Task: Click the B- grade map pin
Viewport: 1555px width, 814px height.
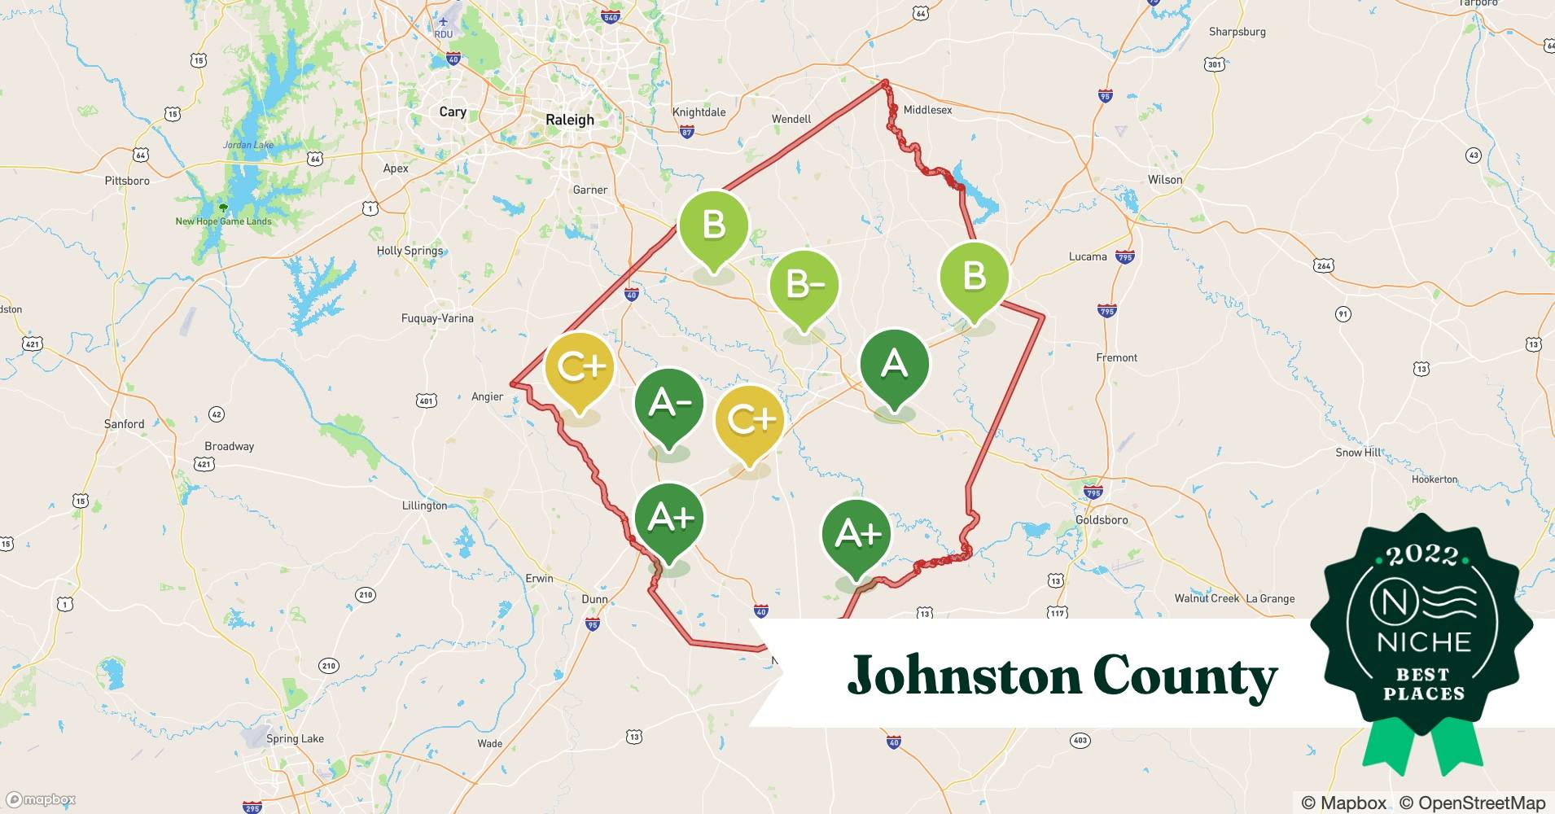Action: [x=804, y=287]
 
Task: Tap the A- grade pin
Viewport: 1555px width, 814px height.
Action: [x=668, y=405]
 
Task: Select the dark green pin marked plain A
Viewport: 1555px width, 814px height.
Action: [x=895, y=365]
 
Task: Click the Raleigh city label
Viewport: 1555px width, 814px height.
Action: [x=569, y=120]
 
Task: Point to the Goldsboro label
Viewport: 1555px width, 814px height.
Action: [x=1102, y=519]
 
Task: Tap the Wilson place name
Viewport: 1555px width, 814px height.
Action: [x=1164, y=180]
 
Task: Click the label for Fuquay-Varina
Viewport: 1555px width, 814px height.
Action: [x=437, y=318]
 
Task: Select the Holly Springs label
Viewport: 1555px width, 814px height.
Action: [x=410, y=251]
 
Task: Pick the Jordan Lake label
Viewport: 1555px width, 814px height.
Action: [x=248, y=145]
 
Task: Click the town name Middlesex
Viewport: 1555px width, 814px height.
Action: [x=927, y=110]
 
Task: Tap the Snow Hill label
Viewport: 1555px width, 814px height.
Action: [x=1358, y=452]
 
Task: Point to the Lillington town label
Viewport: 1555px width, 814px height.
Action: [x=424, y=505]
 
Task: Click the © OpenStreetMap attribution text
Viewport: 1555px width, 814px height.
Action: [x=1472, y=803]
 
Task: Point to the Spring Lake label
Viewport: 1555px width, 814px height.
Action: [x=295, y=739]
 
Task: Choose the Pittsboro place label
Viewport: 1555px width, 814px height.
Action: [x=127, y=181]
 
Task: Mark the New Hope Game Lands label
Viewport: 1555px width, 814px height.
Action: [x=223, y=221]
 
